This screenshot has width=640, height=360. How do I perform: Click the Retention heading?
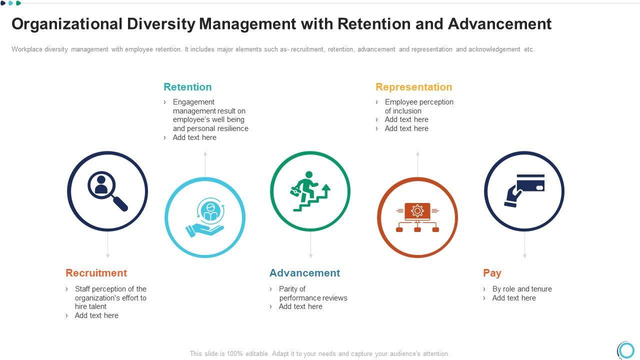coord(187,87)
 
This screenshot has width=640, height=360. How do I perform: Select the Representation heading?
coord(413,87)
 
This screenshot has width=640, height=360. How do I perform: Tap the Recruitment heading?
coord(96,273)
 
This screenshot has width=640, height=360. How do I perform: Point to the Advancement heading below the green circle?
coord(304,273)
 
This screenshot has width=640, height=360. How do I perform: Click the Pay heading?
coord(492,273)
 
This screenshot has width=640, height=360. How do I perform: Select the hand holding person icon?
coord(205,217)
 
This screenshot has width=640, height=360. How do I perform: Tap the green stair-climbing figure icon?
coord(310,191)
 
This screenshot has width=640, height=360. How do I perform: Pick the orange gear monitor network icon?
coord(417,217)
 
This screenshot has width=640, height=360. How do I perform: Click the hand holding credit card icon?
coord(524,190)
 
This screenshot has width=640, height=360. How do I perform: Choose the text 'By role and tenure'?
coord(522,289)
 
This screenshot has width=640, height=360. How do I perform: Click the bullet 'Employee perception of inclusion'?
coord(419,106)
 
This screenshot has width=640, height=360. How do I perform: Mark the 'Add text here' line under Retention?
coord(194,137)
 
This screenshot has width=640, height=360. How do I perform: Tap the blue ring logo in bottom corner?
coord(626,349)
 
